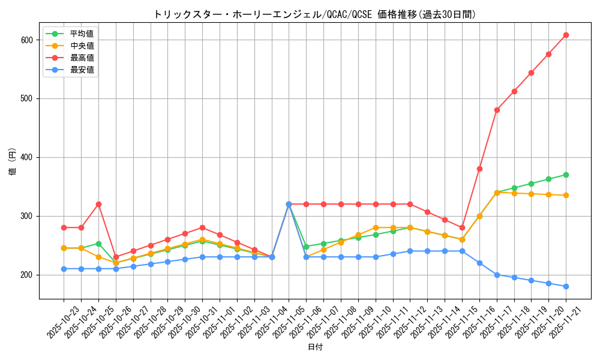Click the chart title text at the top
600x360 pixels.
[x=314, y=14]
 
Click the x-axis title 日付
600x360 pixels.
[x=315, y=347]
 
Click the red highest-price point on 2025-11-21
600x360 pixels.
[x=566, y=35]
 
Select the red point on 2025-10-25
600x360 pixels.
[x=98, y=204]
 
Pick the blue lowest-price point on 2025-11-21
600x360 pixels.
[x=566, y=286]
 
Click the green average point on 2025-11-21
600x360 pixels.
[x=566, y=175]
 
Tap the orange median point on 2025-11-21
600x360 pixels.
[x=566, y=195]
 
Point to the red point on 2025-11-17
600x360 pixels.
[x=497, y=110]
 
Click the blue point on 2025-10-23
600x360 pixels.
[x=64, y=269]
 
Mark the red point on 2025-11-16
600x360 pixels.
[x=479, y=169]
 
